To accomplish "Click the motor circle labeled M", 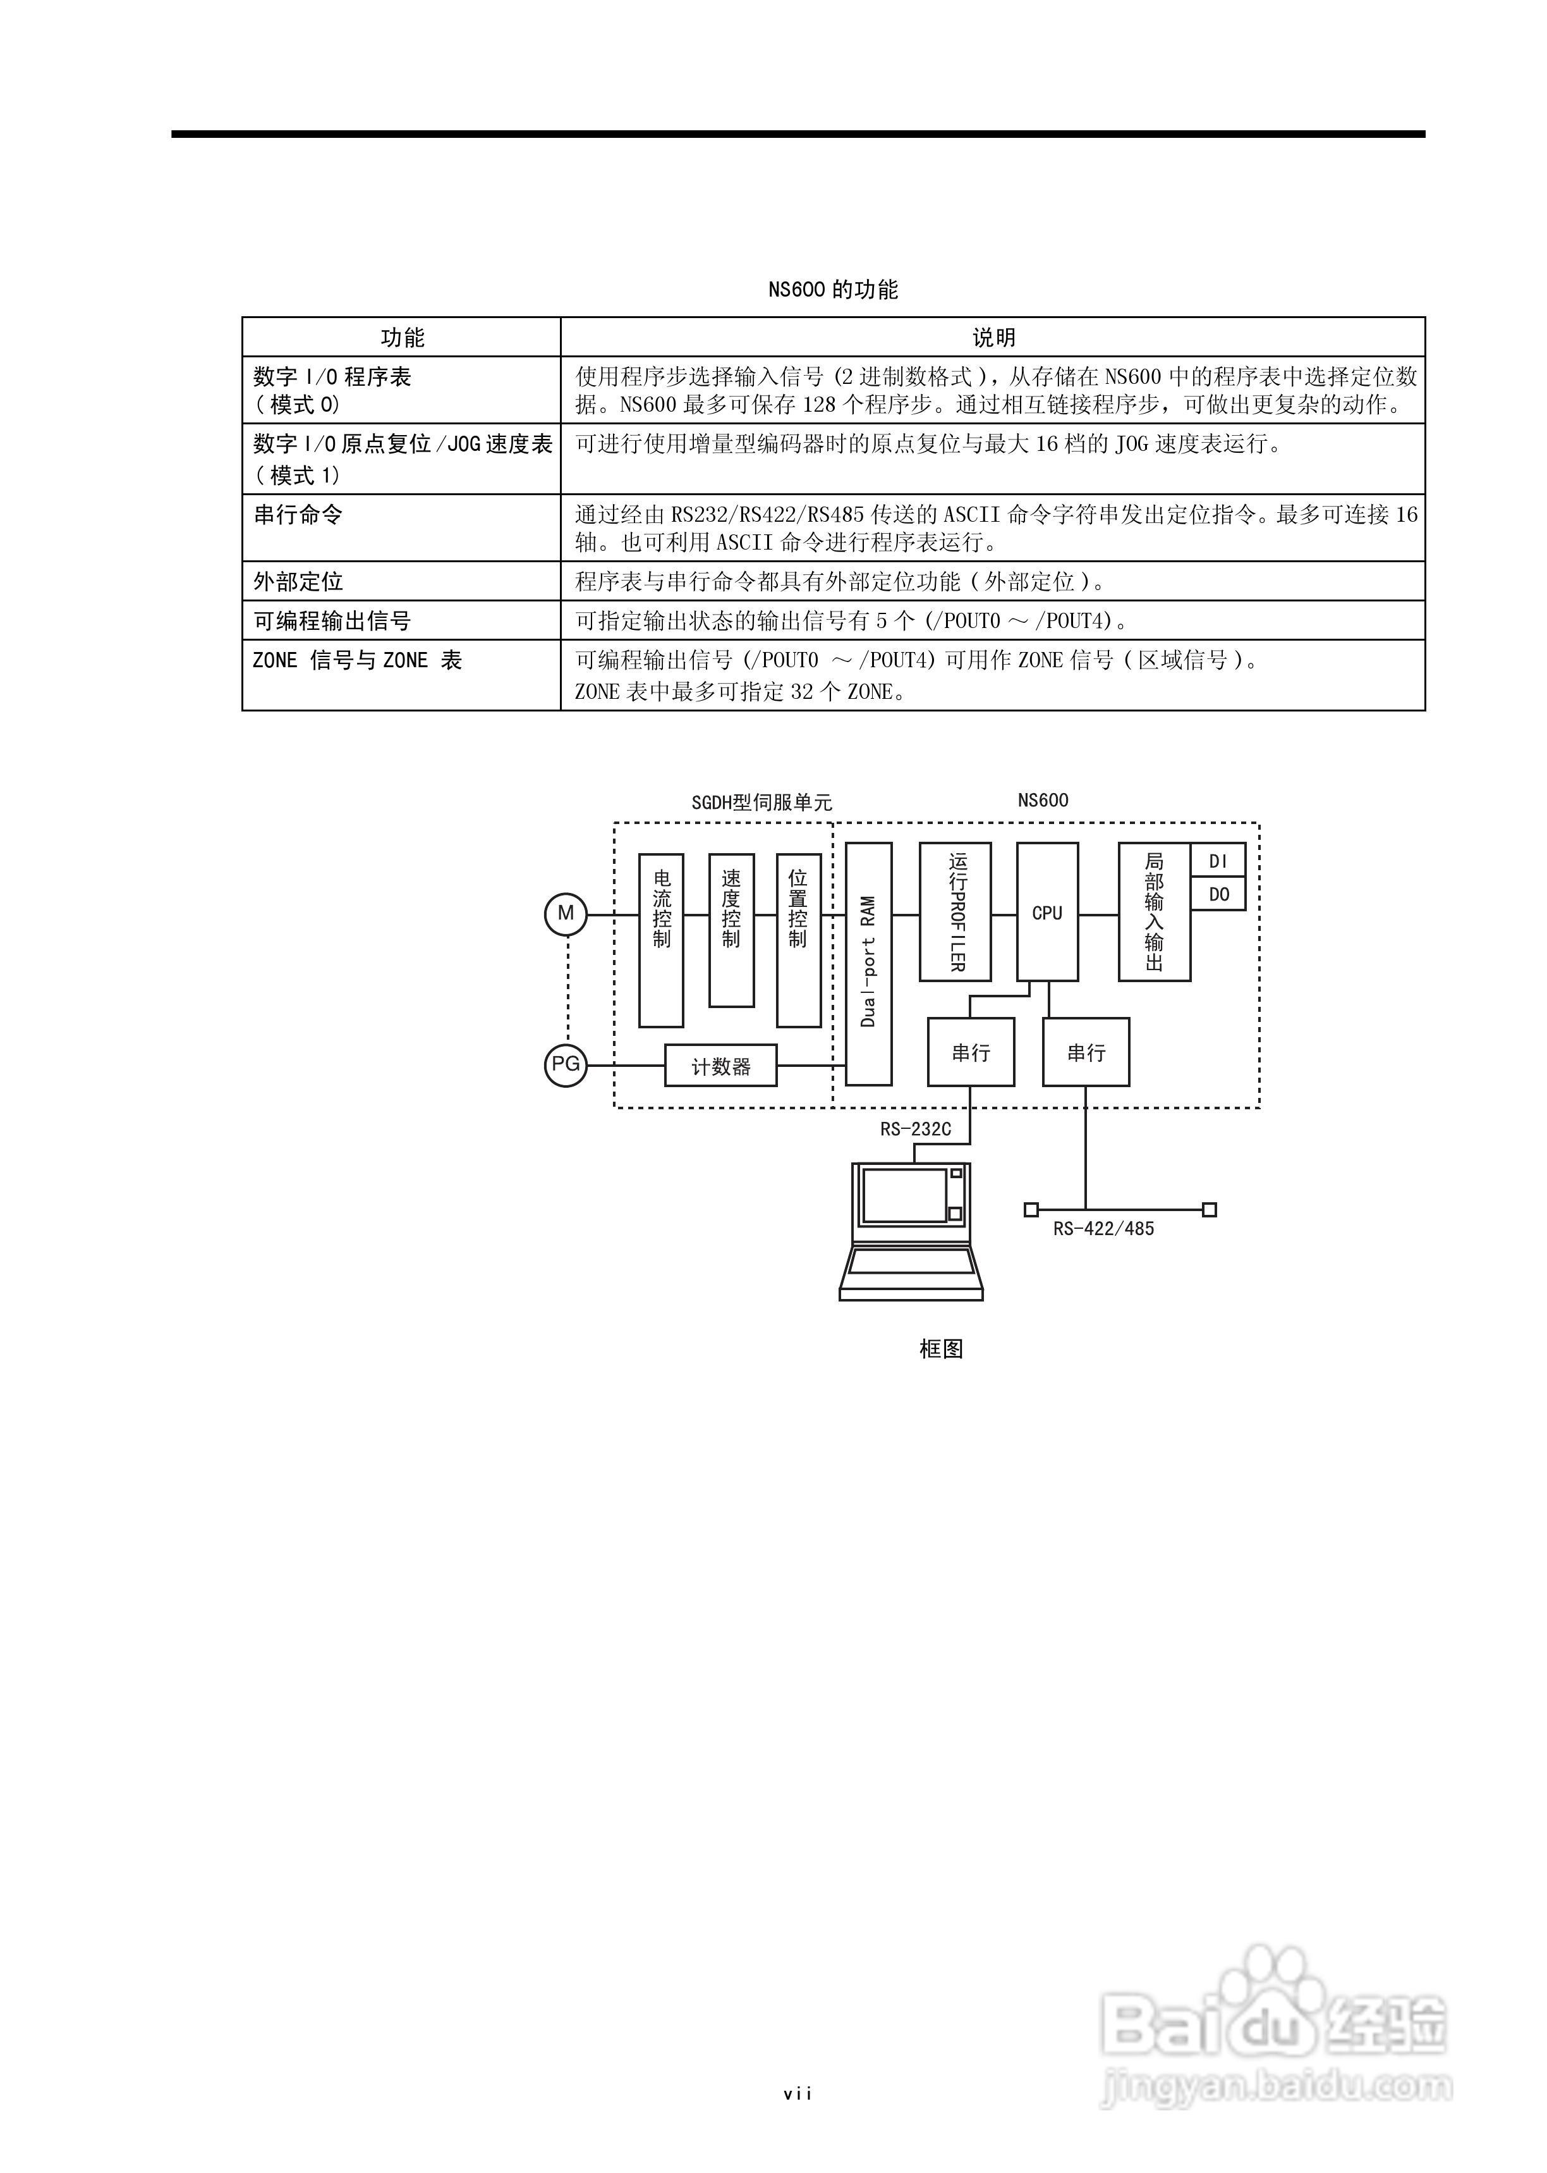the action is pyautogui.click(x=566, y=914).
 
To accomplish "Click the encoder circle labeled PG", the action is pyautogui.click(x=566, y=1064).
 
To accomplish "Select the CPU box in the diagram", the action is pyautogui.click(x=1047, y=912).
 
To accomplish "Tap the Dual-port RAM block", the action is pyautogui.click(x=869, y=963).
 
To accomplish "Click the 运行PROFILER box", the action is pyautogui.click(x=954, y=912).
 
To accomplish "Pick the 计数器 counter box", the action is pyautogui.click(x=720, y=1066).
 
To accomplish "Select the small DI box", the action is pyautogui.click(x=1218, y=861).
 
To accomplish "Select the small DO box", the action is pyautogui.click(x=1218, y=895).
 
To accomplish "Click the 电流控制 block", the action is pyautogui.click(x=661, y=940).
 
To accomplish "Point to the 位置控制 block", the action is pyautogui.click(x=798, y=940).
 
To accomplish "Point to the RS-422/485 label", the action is pyautogui.click(x=1103, y=1229).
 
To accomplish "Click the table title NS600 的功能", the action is pyautogui.click(x=832, y=290).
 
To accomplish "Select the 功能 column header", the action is pyautogui.click(x=402, y=337).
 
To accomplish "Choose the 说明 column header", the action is pyautogui.click(x=993, y=337).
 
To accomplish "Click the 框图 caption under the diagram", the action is pyautogui.click(x=940, y=1348).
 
